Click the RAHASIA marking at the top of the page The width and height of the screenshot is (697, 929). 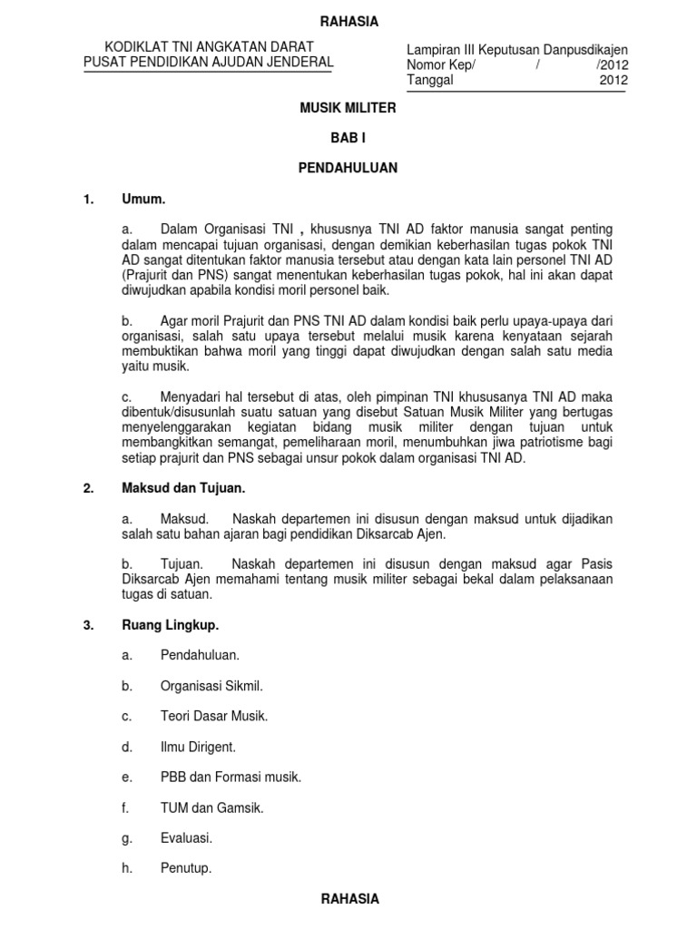point(348,22)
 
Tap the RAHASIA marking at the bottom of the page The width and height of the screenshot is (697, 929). point(348,899)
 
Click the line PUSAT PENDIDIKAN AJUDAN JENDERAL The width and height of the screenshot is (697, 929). point(208,62)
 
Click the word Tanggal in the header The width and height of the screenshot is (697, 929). point(430,80)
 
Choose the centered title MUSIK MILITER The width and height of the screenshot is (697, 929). point(348,107)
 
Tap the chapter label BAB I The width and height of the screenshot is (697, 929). point(348,137)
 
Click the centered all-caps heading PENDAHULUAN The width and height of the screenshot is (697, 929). point(348,168)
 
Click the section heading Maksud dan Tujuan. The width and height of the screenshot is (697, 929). point(183,488)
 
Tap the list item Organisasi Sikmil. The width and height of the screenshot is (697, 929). point(211,685)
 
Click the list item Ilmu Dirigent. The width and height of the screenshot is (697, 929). point(198,747)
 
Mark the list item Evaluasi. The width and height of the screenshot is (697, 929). point(186,838)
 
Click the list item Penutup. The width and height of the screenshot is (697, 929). point(185,868)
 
